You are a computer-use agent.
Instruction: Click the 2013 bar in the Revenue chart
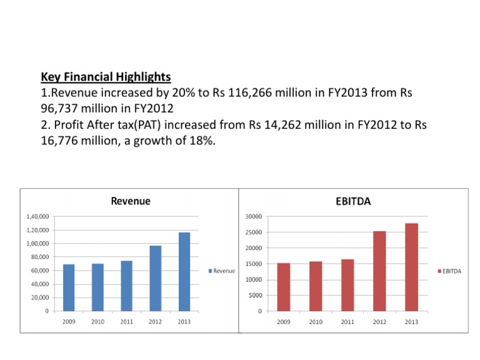(x=184, y=271)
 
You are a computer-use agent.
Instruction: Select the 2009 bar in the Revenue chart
(x=69, y=287)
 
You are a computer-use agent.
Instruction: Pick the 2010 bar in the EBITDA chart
(x=316, y=286)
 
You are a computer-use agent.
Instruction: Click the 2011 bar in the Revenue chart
(x=126, y=285)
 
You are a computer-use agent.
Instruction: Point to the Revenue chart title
(x=130, y=201)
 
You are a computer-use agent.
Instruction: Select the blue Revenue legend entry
(x=221, y=271)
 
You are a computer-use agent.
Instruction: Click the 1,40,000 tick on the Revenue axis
(x=38, y=216)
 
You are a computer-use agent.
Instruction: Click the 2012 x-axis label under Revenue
(x=155, y=321)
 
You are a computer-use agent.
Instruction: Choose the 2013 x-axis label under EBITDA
(x=411, y=321)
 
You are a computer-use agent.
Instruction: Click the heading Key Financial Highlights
(x=106, y=77)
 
